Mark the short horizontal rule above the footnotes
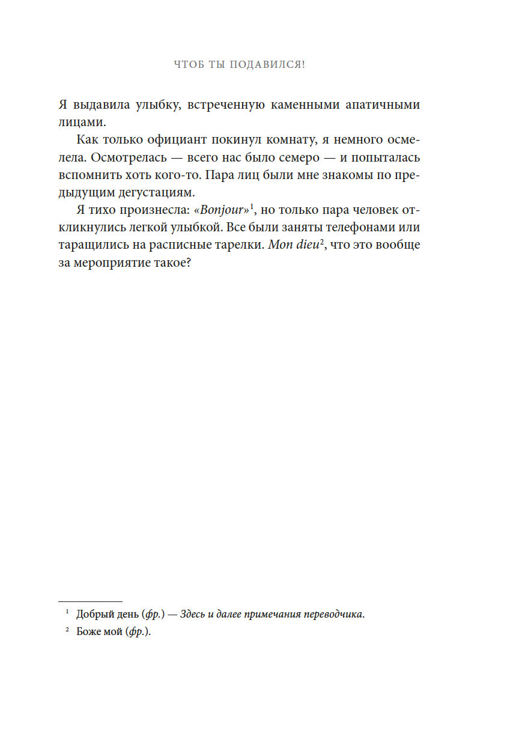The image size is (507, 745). [90, 601]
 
